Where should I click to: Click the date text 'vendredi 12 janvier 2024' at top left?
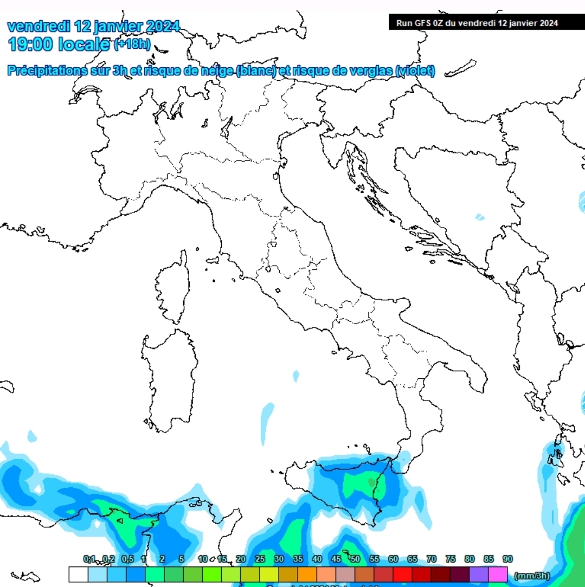click(93, 26)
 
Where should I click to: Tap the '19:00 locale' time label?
click(59, 45)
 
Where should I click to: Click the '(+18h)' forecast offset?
click(132, 44)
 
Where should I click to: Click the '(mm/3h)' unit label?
click(531, 575)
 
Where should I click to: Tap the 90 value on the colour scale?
click(507, 559)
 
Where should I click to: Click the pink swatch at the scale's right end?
click(498, 574)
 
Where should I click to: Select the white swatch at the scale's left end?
click(79, 574)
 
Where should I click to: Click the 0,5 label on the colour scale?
click(128, 559)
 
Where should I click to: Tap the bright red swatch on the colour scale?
click(402, 574)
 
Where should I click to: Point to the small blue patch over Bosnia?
click(480, 217)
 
